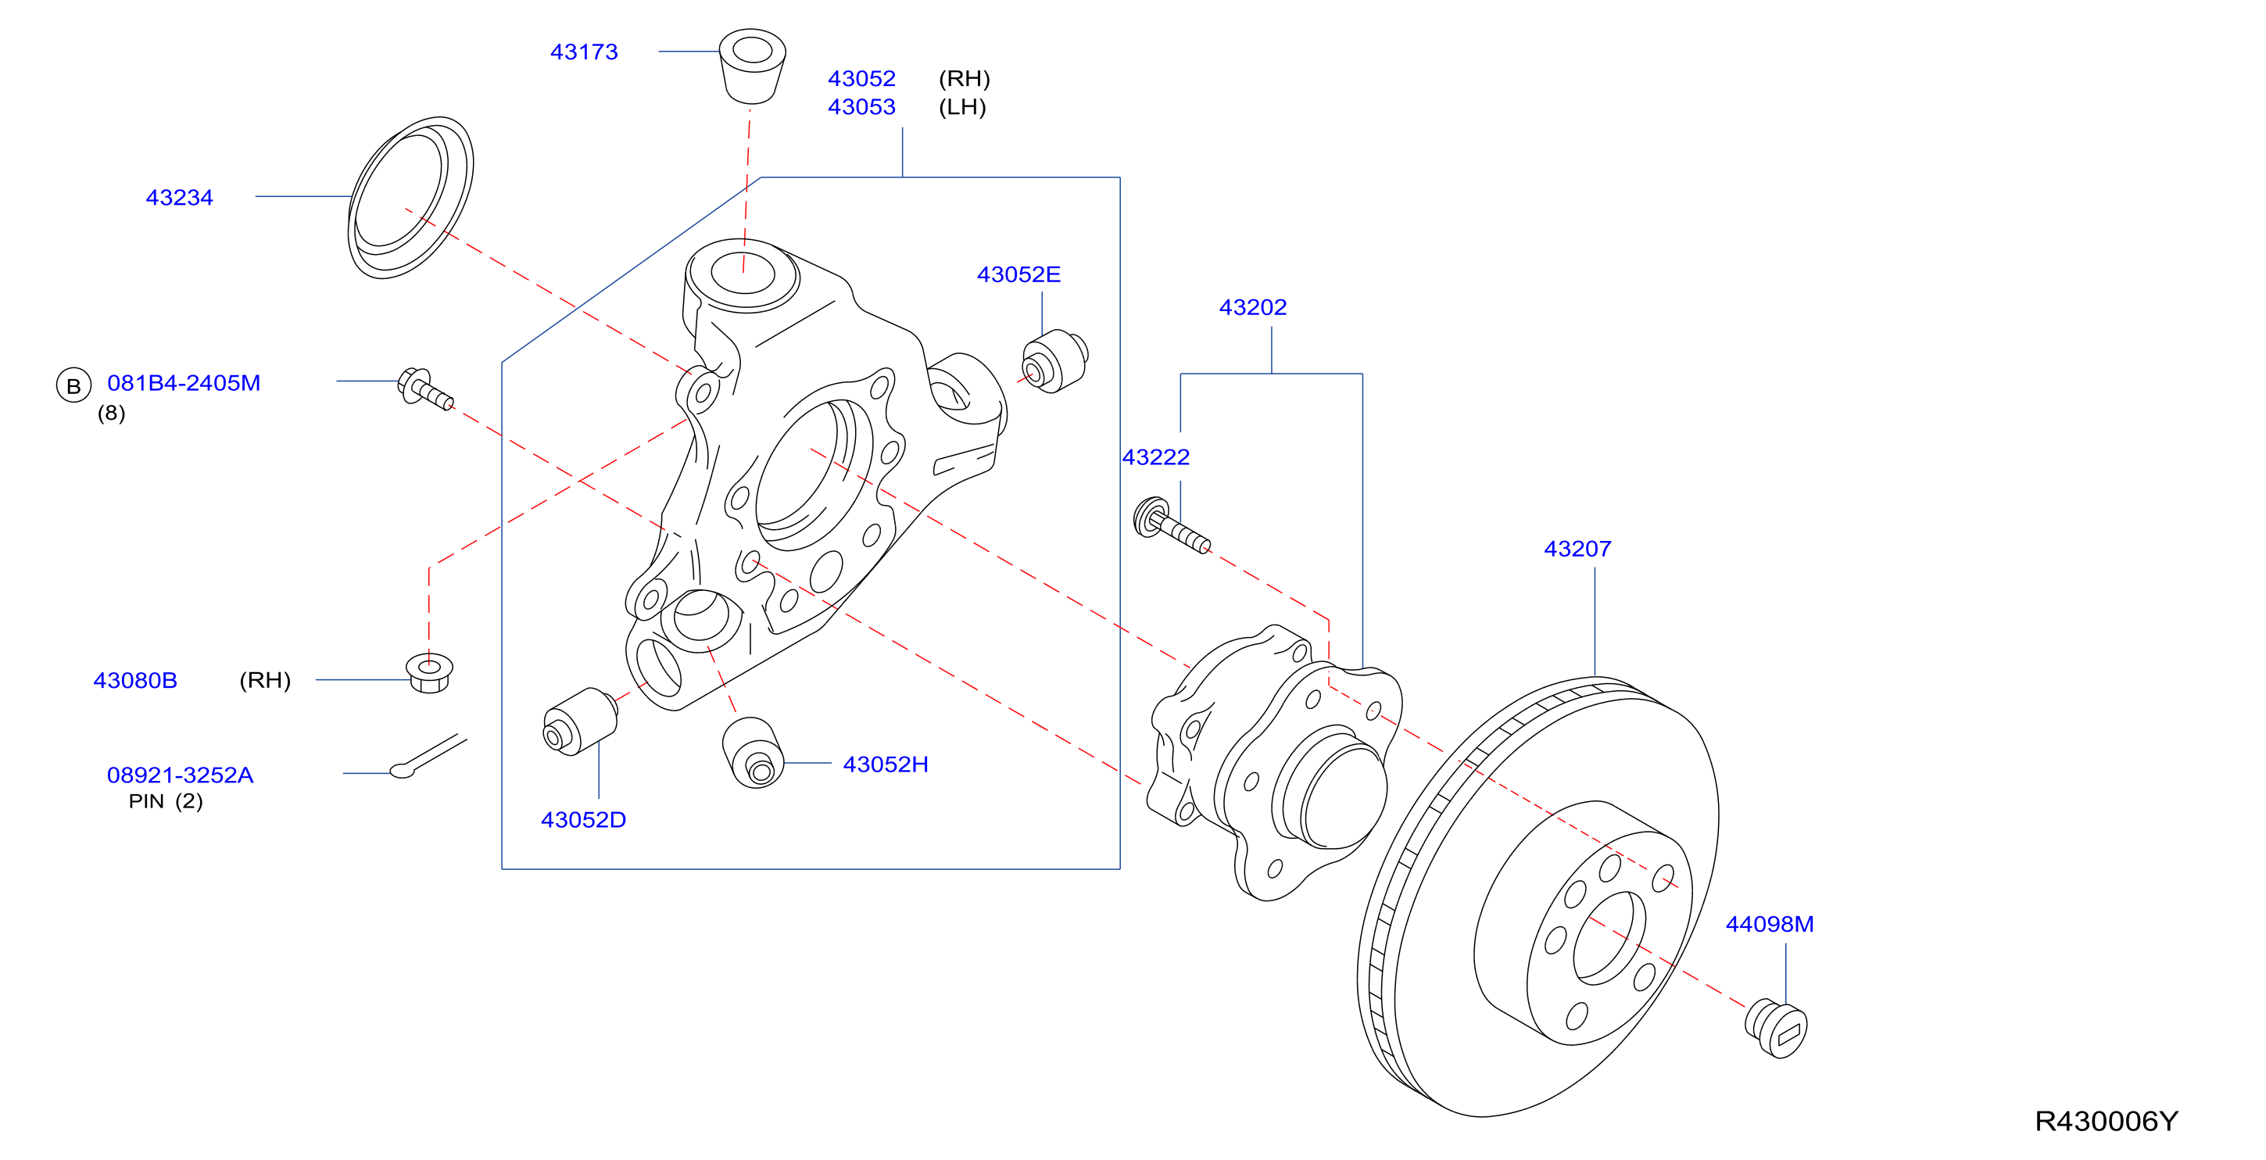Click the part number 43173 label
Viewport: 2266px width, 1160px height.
[x=584, y=52]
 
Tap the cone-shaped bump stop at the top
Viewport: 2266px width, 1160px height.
[x=752, y=66]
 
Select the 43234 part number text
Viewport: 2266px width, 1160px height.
[x=180, y=197]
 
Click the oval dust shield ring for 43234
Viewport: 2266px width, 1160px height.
[x=411, y=197]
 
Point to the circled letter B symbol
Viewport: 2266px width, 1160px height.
[x=74, y=385]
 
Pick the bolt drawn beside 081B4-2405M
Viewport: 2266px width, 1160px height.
[x=426, y=388]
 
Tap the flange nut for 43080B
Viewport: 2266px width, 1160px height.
[x=429, y=673]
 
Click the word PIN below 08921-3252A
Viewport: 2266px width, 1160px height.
[x=146, y=801]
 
